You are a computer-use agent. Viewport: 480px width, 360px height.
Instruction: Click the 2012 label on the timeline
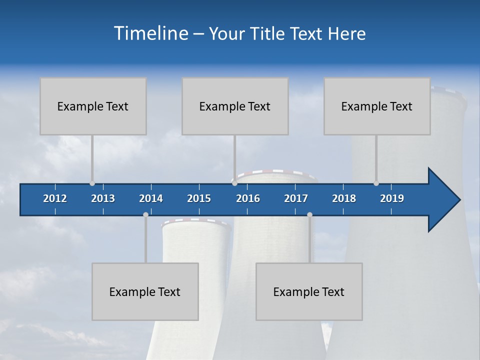(x=55, y=198)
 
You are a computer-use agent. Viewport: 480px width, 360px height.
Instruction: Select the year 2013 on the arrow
(x=103, y=198)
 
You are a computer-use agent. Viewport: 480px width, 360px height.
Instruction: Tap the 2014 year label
(x=151, y=198)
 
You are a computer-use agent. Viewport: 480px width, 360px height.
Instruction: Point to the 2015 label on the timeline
(x=199, y=198)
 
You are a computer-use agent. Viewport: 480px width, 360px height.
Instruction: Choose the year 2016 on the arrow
(x=248, y=198)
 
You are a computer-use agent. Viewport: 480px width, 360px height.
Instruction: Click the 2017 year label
(x=296, y=198)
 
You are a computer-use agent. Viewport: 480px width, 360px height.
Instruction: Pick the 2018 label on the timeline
(x=344, y=198)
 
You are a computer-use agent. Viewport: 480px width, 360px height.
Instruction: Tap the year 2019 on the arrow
(x=392, y=198)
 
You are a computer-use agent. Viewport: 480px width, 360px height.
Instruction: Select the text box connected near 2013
(x=93, y=106)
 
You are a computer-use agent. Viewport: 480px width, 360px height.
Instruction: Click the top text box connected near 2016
(x=235, y=106)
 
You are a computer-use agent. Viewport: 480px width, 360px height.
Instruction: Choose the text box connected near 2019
(x=377, y=106)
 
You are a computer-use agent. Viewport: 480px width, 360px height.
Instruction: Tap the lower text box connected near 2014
(x=145, y=291)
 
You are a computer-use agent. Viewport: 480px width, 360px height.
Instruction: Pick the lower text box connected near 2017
(x=309, y=291)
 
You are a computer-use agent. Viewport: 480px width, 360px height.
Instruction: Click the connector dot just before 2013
(x=92, y=183)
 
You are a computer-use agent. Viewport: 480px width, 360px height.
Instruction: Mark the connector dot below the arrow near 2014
(x=145, y=214)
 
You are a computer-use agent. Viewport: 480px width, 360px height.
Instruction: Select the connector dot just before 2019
(x=376, y=183)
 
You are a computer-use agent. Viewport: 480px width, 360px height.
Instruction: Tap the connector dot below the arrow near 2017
(x=309, y=214)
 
